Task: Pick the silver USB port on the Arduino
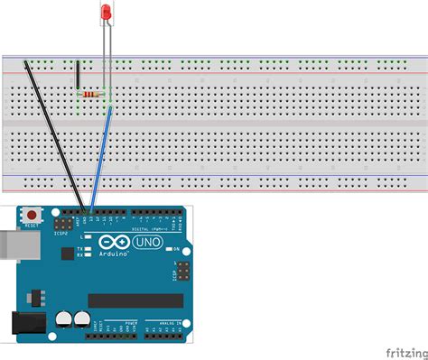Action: (x=8, y=244)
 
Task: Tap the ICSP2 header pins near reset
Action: (x=65, y=221)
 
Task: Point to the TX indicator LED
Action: (x=88, y=248)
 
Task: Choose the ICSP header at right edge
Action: (x=181, y=272)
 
